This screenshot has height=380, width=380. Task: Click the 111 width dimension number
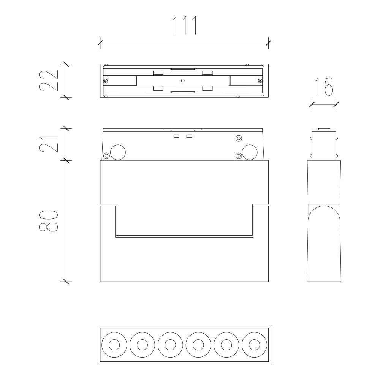[185, 25]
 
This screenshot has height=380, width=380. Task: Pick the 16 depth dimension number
[324, 87]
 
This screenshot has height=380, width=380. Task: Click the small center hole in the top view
[183, 81]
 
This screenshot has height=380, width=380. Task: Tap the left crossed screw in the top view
[106, 81]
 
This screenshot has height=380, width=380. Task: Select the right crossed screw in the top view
[260, 81]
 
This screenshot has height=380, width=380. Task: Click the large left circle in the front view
[118, 152]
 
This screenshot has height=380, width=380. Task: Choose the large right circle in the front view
[250, 152]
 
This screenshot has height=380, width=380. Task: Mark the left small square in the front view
[176, 136]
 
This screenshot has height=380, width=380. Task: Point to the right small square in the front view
[189, 136]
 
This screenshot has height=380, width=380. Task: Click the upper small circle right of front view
[239, 138]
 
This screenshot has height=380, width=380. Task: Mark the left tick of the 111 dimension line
[100, 43]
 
